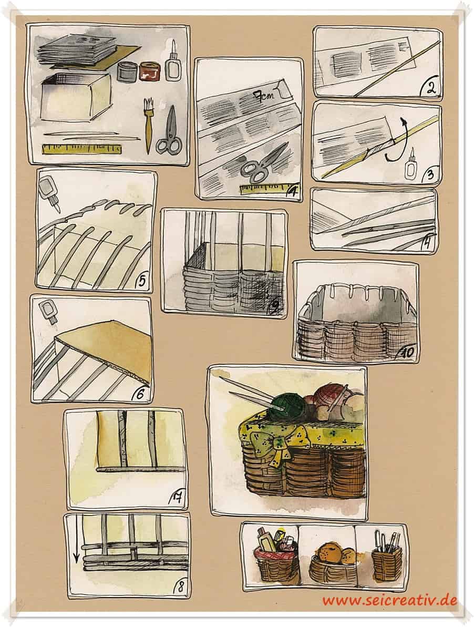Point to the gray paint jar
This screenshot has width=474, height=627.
click(x=128, y=71)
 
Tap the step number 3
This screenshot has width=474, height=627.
click(x=430, y=174)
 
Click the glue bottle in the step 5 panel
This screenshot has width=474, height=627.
click(x=49, y=191)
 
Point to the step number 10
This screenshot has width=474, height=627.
click(x=407, y=352)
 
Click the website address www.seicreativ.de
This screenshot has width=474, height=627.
click(x=390, y=600)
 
